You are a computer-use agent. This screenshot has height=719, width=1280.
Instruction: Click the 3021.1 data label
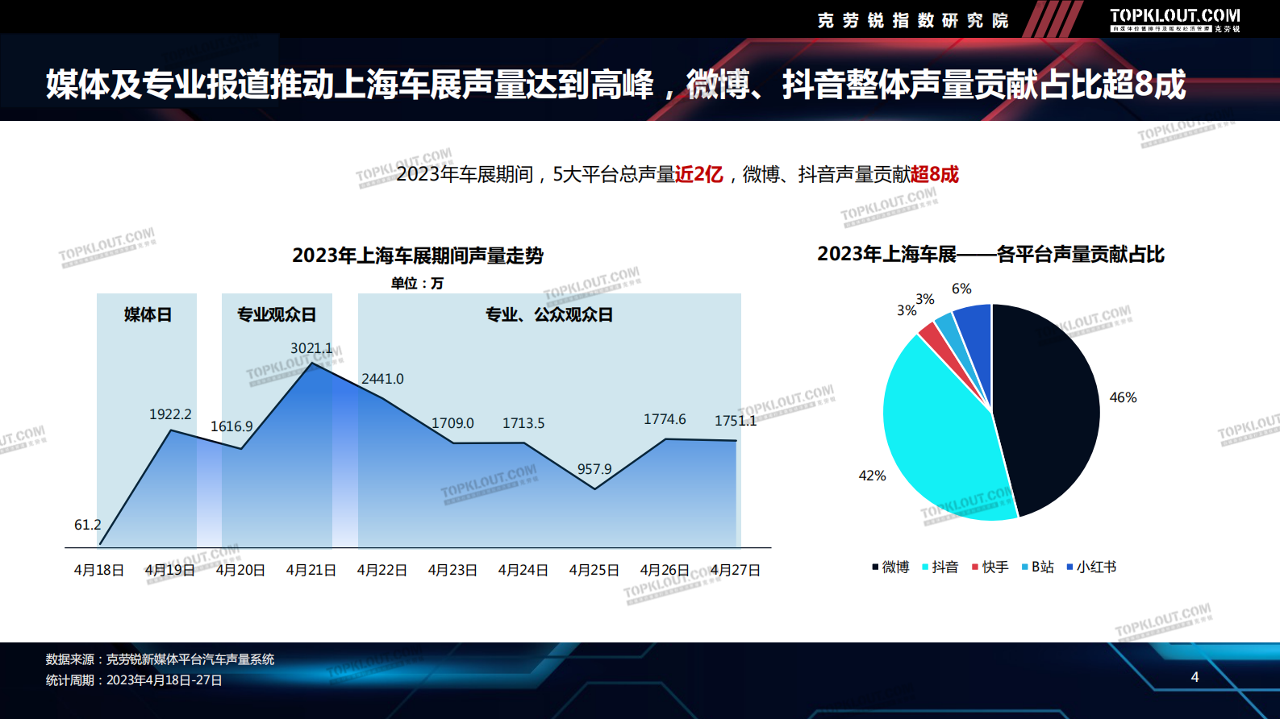tap(311, 348)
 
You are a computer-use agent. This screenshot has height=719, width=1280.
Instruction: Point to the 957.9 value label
tap(594, 469)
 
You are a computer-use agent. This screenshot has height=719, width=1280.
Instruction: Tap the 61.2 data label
tap(88, 525)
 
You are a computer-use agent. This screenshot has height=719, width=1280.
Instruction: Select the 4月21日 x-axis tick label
tap(311, 570)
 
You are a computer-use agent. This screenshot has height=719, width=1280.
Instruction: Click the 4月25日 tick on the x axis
tap(594, 570)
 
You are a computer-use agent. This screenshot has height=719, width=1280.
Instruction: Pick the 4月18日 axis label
tap(99, 570)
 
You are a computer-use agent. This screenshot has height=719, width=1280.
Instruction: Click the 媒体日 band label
tap(148, 314)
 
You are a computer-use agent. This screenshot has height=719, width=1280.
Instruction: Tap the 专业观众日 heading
tap(277, 314)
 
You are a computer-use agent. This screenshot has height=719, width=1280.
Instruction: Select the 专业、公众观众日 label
tap(549, 314)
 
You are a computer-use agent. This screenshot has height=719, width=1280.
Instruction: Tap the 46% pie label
tap(1123, 397)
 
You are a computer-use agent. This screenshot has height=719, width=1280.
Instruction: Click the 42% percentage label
tap(872, 476)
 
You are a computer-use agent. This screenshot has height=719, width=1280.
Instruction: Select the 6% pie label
tap(961, 289)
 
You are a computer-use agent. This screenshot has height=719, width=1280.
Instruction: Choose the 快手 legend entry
tap(990, 567)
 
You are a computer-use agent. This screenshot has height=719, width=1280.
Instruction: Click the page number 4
tap(1195, 677)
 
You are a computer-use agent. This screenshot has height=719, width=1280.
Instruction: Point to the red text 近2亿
tap(698, 174)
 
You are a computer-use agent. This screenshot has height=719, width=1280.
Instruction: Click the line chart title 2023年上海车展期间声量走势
tap(418, 256)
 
